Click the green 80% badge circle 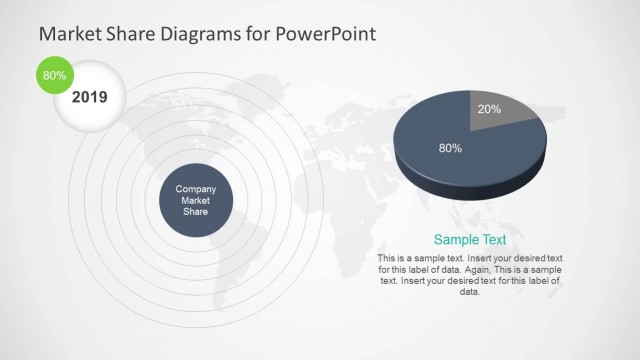click(x=54, y=75)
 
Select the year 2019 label click(x=89, y=98)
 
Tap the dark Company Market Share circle click(x=196, y=201)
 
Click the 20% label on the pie click(x=489, y=108)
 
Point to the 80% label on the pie click(x=450, y=148)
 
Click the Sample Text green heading click(x=469, y=240)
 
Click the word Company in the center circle click(x=196, y=189)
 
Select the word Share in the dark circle click(x=196, y=211)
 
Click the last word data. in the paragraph click(x=470, y=292)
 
